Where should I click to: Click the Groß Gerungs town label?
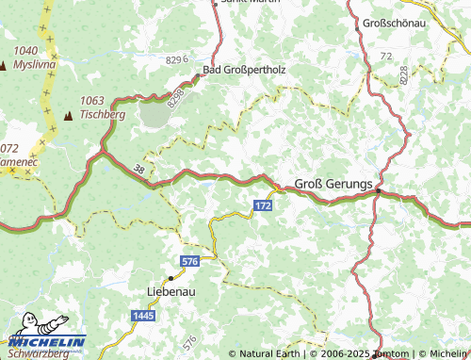334,183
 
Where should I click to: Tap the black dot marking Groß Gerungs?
378,191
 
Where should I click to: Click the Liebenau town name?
171,292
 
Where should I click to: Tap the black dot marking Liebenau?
171,278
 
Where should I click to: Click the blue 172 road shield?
265,204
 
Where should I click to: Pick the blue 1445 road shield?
142,315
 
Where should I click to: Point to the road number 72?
386,57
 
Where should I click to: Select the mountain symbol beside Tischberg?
68,115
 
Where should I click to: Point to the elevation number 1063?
92,100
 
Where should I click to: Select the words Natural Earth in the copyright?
268,353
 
